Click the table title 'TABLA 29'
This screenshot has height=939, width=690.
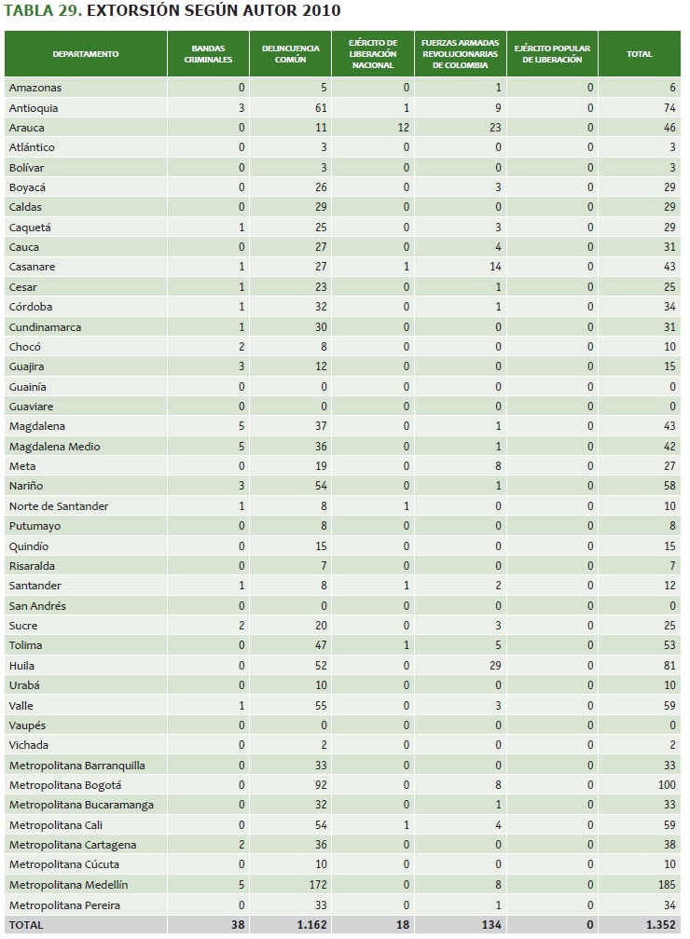click(41, 11)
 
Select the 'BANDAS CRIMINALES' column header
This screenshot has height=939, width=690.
click(209, 54)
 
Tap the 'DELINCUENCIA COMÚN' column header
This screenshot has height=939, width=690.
click(291, 54)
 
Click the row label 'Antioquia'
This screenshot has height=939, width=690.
click(33, 107)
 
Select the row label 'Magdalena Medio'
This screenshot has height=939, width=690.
click(54, 446)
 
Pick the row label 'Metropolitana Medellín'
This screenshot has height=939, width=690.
click(68, 884)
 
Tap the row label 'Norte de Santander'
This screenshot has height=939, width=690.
click(59, 505)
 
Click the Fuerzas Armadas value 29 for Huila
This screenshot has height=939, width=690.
click(495, 665)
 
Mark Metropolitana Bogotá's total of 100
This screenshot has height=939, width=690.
click(666, 784)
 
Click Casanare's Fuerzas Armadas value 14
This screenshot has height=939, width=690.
click(495, 267)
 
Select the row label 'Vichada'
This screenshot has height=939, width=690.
click(28, 745)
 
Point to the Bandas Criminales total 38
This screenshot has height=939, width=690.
click(238, 925)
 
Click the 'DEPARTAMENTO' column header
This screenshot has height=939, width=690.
click(86, 54)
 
